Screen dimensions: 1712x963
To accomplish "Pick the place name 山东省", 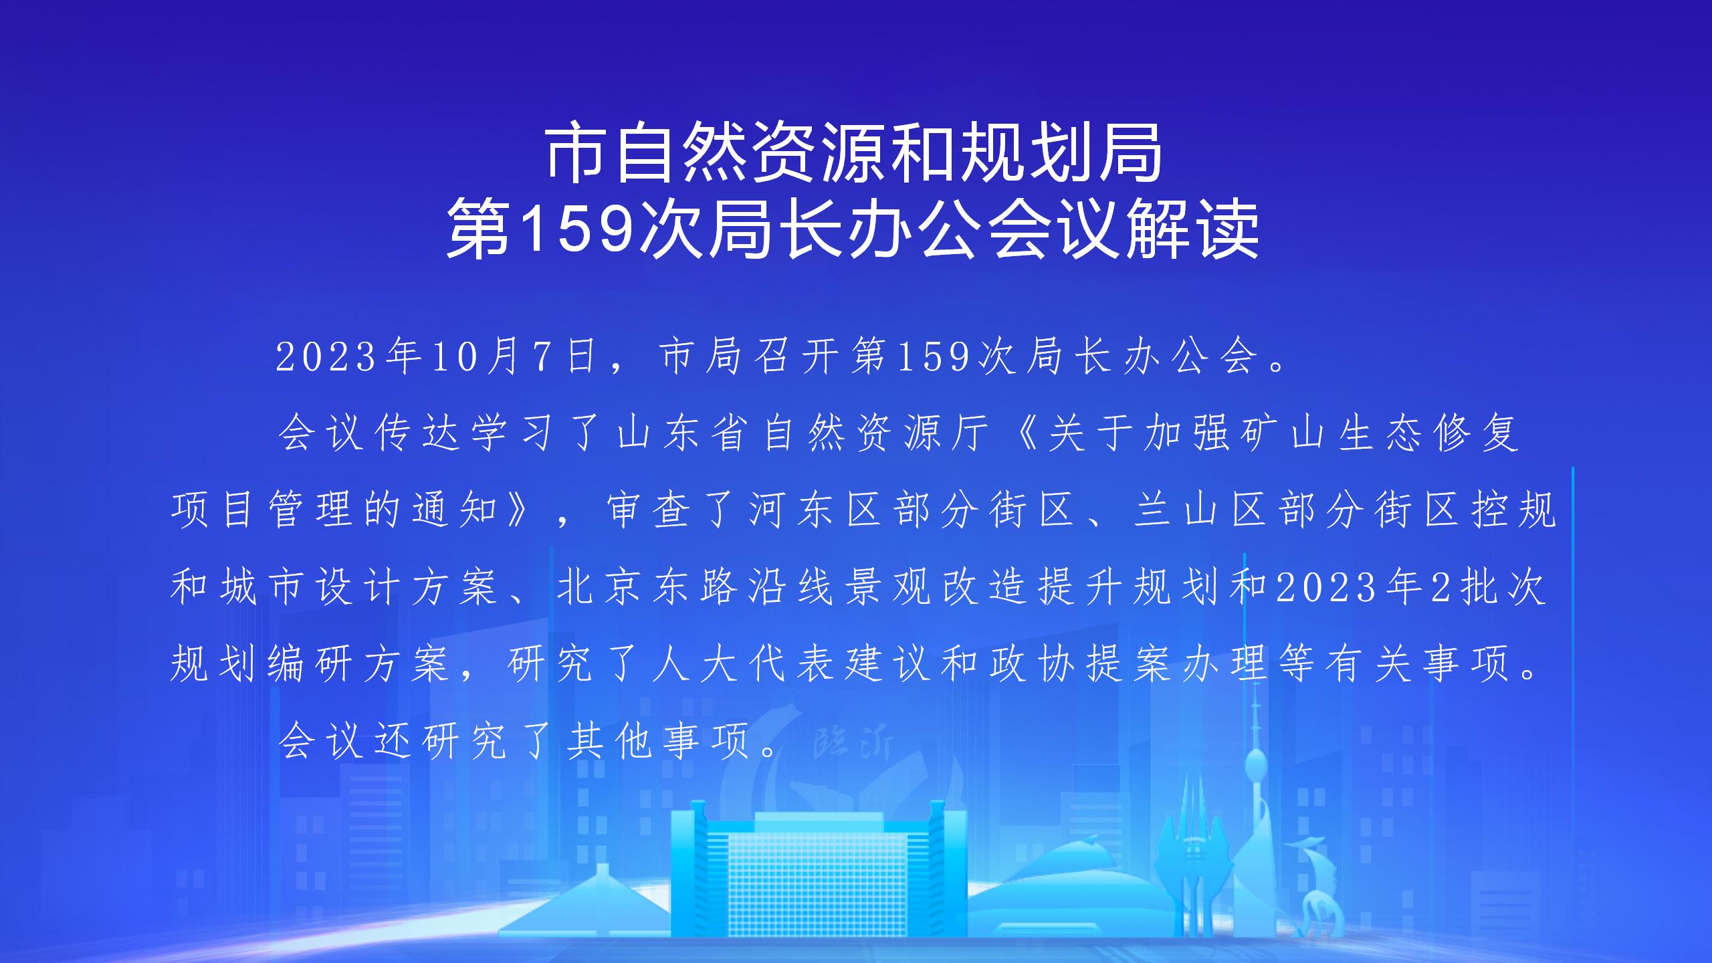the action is point(681,433).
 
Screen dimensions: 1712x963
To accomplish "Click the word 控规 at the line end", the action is point(1514,510).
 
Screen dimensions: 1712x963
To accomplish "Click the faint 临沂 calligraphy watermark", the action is point(853,742).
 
